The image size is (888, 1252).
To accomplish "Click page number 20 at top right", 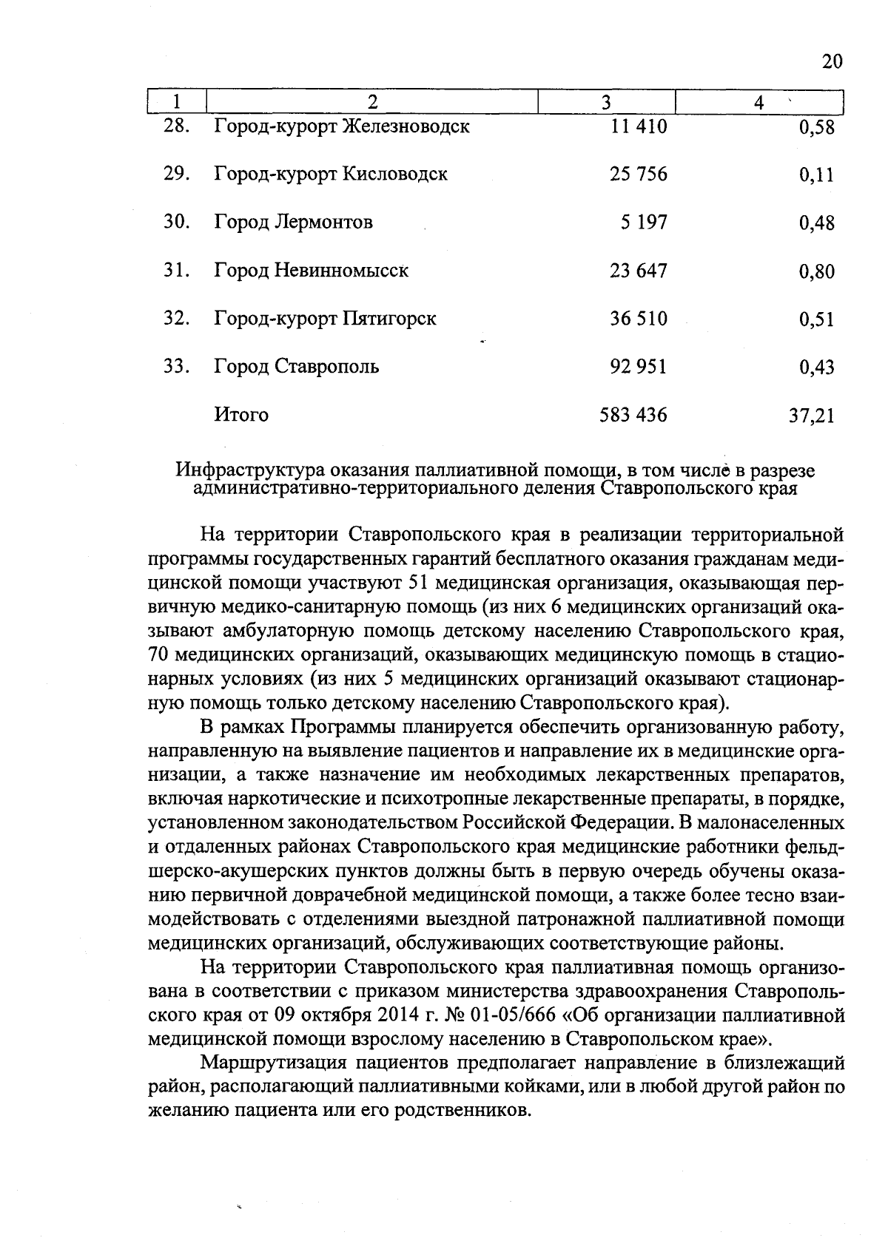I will pos(832,61).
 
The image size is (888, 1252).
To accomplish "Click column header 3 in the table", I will pos(606,102).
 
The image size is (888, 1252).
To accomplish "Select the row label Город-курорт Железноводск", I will pos(342,126).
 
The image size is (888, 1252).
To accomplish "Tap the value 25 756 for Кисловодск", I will pos(639,175).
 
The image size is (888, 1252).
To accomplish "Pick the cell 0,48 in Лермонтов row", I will pos(817,223).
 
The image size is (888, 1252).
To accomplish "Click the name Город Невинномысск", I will pos(312,271).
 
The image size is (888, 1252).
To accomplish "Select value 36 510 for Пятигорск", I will pos(639,319).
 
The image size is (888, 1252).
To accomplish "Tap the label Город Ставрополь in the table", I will pos(297,367).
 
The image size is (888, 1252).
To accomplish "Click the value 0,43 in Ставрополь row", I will pos(817,368).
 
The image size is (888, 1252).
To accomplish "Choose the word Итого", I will pos(241,415).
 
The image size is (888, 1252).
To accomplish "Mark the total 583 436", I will pos(633,415).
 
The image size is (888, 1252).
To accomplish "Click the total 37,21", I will pos(812,416).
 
